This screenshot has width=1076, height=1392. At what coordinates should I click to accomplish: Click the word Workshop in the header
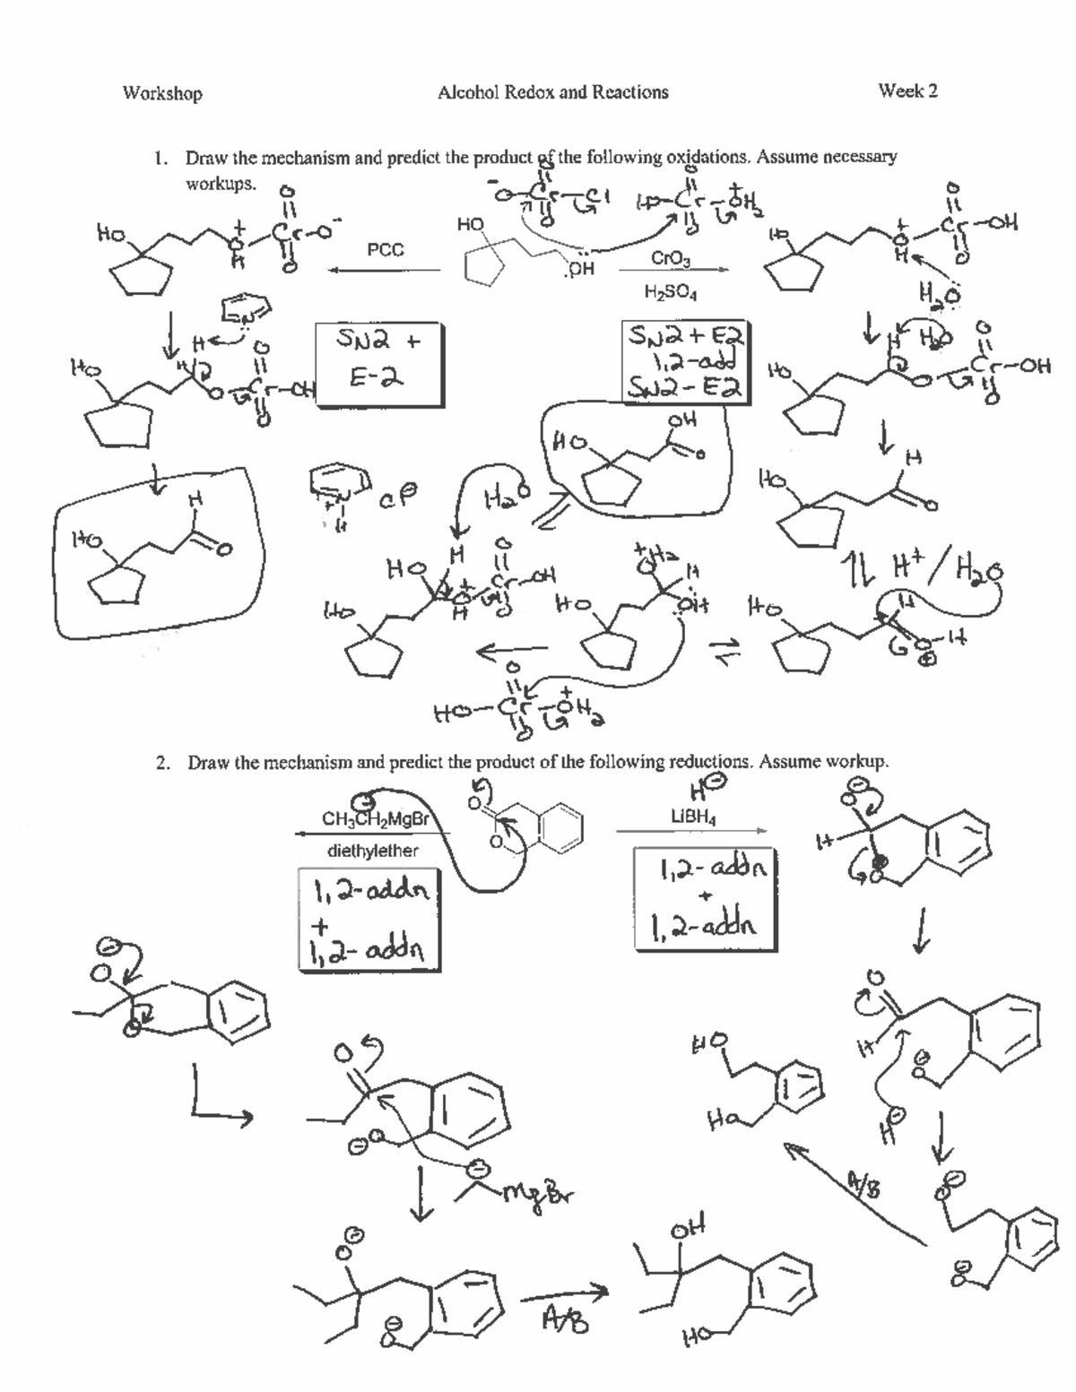(x=162, y=93)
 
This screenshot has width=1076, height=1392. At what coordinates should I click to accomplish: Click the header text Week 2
(x=907, y=91)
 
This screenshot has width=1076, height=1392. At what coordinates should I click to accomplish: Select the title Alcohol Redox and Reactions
(x=552, y=92)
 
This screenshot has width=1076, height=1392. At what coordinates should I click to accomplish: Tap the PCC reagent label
(x=386, y=250)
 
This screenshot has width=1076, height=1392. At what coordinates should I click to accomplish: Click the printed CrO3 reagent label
(x=670, y=258)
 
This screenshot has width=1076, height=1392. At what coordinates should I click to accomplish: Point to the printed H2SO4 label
(x=670, y=292)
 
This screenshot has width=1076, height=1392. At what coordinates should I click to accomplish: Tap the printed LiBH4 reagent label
(x=693, y=817)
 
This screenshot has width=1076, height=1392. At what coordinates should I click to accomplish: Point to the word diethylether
(x=372, y=851)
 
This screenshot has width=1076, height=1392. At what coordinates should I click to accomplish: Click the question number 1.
(x=159, y=159)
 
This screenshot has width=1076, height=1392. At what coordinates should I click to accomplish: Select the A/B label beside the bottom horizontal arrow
(x=565, y=1319)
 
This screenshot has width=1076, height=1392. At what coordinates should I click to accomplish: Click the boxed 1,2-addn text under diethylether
(x=369, y=919)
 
